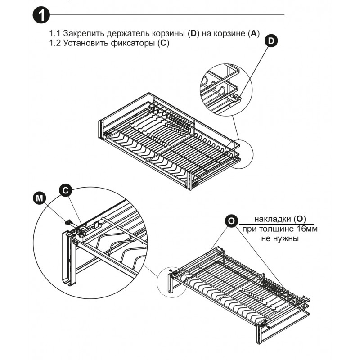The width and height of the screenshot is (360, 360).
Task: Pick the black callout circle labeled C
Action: pos(66,190)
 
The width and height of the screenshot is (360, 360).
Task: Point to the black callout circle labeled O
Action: pos(231,221)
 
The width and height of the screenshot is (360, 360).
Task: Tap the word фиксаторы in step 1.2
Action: pos(133,44)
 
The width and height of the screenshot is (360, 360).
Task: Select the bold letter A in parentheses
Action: pos(254,34)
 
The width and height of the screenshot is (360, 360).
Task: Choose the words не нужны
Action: pos(280,238)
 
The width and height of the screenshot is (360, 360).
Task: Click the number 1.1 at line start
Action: pos(55,34)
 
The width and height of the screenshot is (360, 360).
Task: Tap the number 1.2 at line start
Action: pos(55,44)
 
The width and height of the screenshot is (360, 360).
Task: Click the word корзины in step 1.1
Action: pos(166,34)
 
